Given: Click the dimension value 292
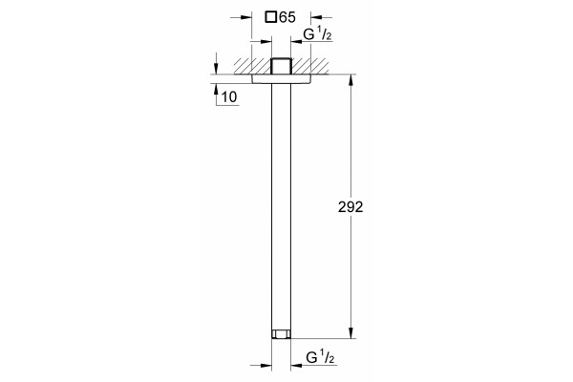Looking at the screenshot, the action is click(350, 207).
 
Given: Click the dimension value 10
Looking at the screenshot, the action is click(229, 97).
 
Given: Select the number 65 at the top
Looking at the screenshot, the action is click(287, 17).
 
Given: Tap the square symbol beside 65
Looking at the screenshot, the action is click(271, 17).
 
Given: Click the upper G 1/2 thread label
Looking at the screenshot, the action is click(318, 34).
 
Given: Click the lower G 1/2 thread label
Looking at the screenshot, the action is click(320, 357).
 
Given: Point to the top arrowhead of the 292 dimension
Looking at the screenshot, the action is click(350, 79).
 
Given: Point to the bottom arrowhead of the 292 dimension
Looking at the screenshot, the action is click(350, 333).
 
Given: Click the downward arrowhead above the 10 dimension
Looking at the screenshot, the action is click(216, 69).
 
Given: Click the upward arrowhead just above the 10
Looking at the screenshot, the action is click(216, 89).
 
